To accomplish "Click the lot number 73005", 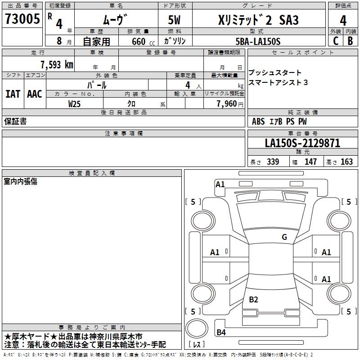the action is point(22,18).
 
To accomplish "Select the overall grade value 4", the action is point(343,21).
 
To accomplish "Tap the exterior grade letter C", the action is point(336,41).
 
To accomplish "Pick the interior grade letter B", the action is point(350,41).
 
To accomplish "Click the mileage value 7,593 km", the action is point(57,65).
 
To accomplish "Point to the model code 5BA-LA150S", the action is point(258,41).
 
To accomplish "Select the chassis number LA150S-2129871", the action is point(302,143).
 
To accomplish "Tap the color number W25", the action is point(74,104).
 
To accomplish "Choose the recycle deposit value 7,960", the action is point(227,104).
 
